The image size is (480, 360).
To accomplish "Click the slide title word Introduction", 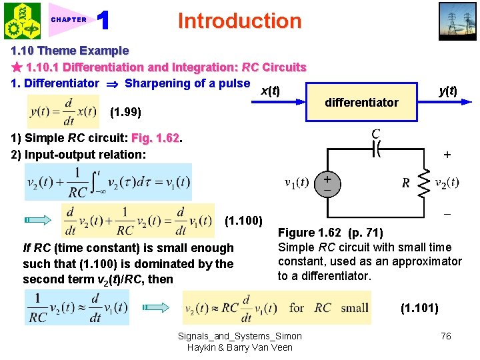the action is point(239,21).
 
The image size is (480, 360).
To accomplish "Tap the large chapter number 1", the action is point(103,21).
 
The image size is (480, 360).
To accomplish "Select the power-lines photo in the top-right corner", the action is point(457,21).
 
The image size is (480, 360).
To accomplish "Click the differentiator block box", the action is point(361,102).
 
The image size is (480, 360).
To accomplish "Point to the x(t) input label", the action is point(269,90).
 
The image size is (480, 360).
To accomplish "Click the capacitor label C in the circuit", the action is point(375,134).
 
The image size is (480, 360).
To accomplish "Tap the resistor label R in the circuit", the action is point(405,183).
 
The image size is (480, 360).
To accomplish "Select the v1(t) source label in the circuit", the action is point(297,183).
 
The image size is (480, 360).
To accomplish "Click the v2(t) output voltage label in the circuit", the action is point(447,183).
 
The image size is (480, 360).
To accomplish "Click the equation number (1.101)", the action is point(419,308).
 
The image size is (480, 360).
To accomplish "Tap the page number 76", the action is point(445,336).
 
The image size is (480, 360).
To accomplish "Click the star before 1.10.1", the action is point(17,67).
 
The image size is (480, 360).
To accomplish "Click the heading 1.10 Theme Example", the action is point(70,51).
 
